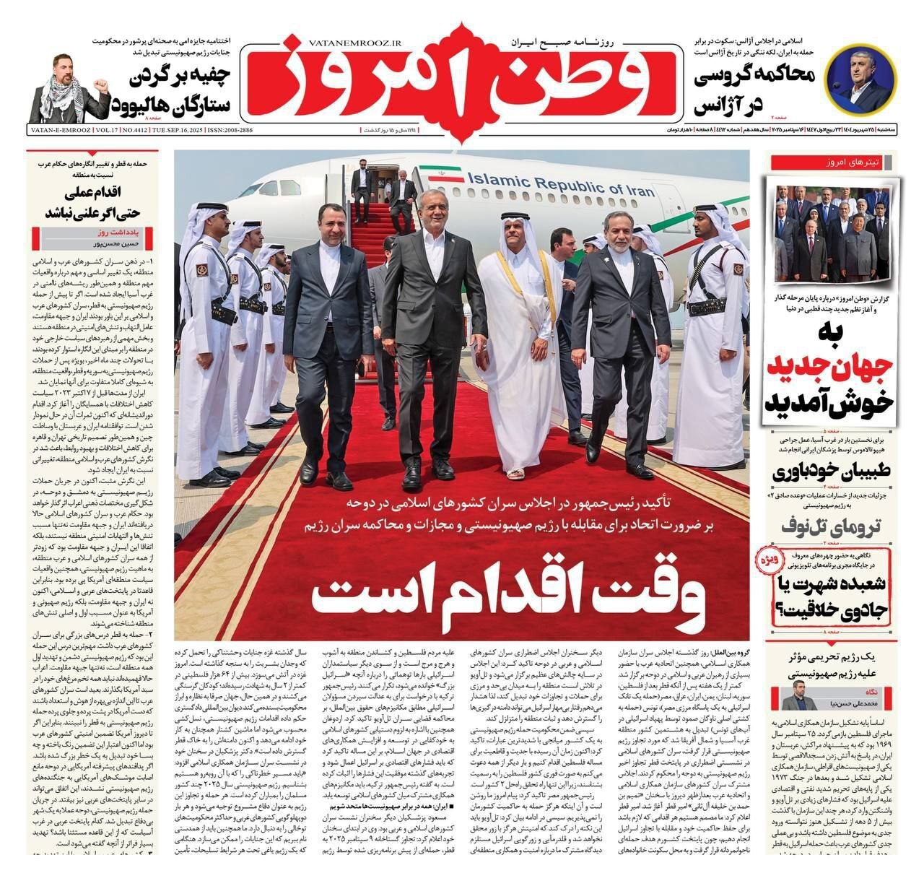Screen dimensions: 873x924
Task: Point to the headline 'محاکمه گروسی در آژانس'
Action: (x=754, y=90)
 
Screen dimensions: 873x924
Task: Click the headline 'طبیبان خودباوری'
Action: (x=831, y=472)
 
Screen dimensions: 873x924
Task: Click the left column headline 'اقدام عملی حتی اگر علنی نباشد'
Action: (x=92, y=204)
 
